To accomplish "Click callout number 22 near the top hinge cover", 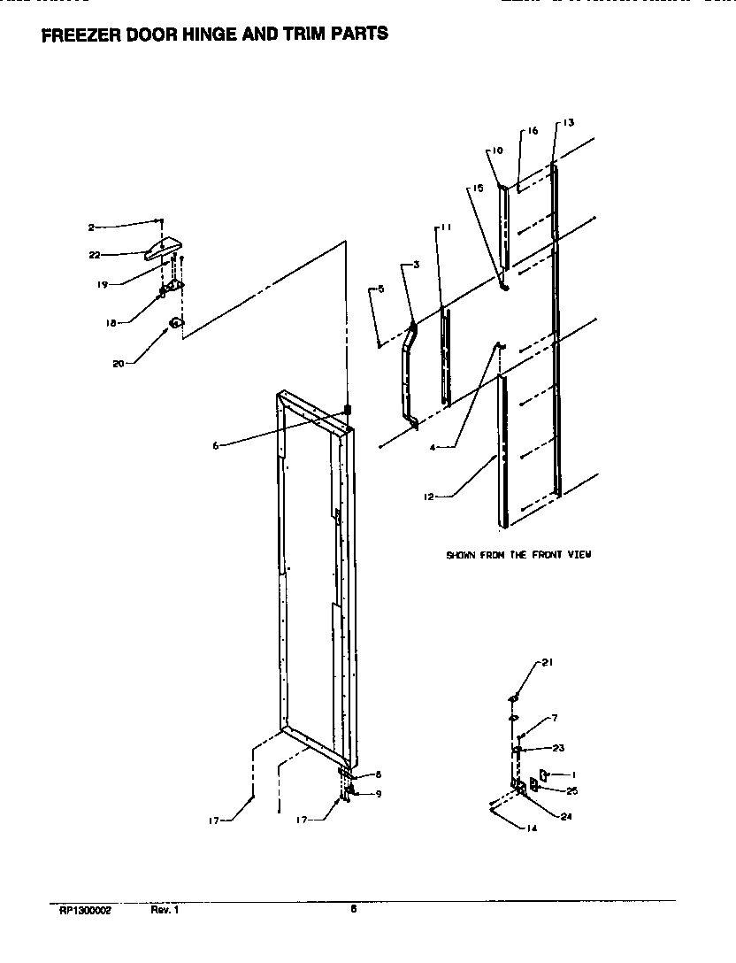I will pos(94,254).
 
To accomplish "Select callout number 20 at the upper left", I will pos(118,362).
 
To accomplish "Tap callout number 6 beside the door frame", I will pos(215,445).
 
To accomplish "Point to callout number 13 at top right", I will pos(568,122).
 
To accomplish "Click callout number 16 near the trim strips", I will pos(532,131).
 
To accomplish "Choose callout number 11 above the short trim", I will pos(447,227).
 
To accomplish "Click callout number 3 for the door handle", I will pos(416,265).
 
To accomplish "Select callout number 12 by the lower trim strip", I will pos(428,497).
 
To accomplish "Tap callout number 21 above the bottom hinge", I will pos(547,663).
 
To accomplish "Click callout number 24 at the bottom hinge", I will pos(566,816).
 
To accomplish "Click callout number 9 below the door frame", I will pos(378,793).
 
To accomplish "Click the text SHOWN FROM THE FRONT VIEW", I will pos(517,555).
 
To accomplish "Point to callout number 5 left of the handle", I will pos(380,289).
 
